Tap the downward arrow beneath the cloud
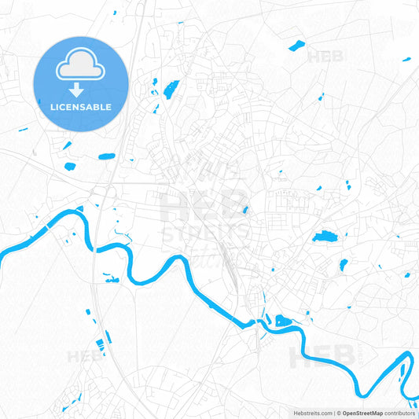pyautogui.click(x=80, y=90)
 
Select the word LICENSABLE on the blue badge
pyautogui.click(x=80, y=107)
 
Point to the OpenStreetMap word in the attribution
pyautogui.click(x=361, y=413)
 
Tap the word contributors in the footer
pyautogui.click(x=400, y=413)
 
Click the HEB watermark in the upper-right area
pyautogui.click(x=325, y=57)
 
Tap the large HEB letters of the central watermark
pyautogui.click(x=206, y=206)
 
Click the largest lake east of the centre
pyautogui.click(x=324, y=236)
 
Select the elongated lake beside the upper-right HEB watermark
pyautogui.click(x=296, y=46)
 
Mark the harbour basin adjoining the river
pyautogui.click(x=282, y=320)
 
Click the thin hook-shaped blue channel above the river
pyautogui.click(x=119, y=230)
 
